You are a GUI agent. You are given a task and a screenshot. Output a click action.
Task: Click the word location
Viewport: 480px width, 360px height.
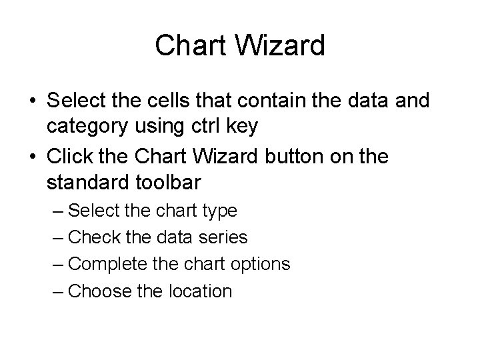[x=199, y=291]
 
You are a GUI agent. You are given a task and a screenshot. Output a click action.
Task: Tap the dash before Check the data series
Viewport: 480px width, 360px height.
[x=57, y=237]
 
